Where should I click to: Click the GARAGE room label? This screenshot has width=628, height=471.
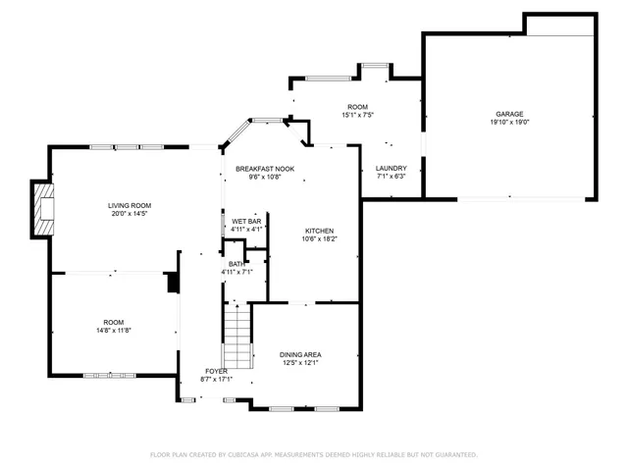[508, 114]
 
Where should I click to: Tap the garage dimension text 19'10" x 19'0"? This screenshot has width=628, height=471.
[508, 123]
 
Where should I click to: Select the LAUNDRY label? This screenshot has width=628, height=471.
[392, 168]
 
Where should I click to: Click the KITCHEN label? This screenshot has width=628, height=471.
[319, 230]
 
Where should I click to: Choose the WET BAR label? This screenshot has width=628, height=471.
[246, 222]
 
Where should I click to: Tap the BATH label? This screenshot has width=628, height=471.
[236, 263]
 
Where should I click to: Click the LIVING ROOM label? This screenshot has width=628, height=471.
[130, 204]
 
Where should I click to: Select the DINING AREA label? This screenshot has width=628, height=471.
[300, 354]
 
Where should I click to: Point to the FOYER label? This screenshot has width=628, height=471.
[216, 371]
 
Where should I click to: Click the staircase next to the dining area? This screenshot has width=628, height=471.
[236, 336]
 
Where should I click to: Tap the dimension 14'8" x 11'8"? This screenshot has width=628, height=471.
[114, 331]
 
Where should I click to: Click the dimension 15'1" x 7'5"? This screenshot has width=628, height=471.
[357, 115]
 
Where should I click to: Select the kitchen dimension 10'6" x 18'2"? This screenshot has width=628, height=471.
[319, 238]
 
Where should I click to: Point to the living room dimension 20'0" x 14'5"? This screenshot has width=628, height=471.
[130, 213]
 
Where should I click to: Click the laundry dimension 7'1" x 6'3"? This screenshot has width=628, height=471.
[392, 177]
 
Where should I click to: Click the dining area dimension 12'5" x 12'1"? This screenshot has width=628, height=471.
[300, 363]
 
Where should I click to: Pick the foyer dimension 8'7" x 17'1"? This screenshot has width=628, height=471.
[216, 379]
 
